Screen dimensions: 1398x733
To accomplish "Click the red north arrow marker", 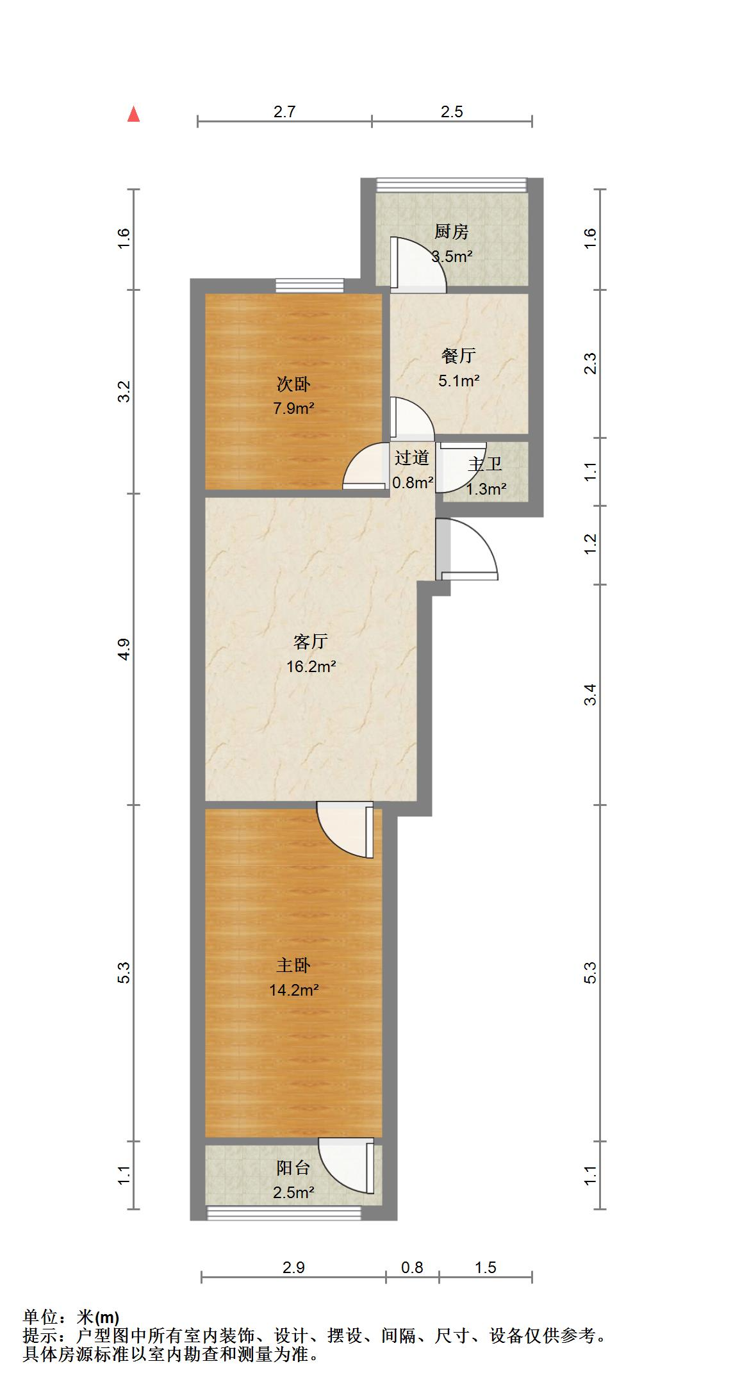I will [133, 115].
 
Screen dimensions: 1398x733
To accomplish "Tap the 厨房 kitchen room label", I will [451, 232].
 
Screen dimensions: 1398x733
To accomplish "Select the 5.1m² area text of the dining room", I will [459, 381].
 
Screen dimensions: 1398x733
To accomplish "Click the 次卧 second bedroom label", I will [293, 384].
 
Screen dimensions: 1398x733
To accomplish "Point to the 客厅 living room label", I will [311, 641].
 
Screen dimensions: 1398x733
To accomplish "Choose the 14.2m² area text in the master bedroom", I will [294, 990].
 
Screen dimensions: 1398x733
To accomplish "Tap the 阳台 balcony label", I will [293, 1168].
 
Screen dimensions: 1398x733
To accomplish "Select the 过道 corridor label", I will [411, 457].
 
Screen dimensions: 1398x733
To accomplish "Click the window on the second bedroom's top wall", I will [309, 285].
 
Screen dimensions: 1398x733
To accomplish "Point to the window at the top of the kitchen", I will [451, 185].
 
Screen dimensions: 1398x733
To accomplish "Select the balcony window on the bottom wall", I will [284, 1212].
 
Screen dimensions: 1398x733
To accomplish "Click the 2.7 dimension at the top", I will [284, 112].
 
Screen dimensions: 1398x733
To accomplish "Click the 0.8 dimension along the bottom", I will [412, 1267].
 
